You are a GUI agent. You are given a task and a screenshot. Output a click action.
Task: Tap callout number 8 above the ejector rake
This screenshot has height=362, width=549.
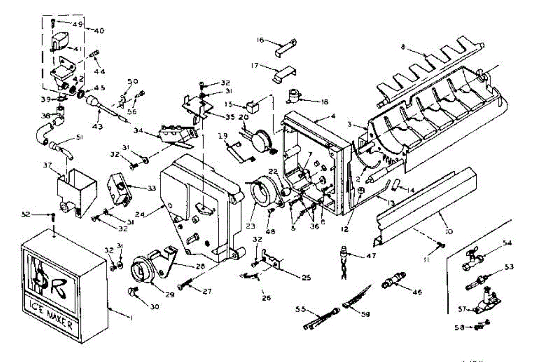tap(403, 46)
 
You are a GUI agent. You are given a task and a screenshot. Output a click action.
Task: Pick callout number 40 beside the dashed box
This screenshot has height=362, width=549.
tap(98, 31)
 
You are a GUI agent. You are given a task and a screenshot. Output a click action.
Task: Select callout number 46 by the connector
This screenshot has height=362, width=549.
tap(417, 291)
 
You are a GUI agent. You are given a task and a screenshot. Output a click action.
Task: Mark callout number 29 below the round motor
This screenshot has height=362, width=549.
tap(170, 295)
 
